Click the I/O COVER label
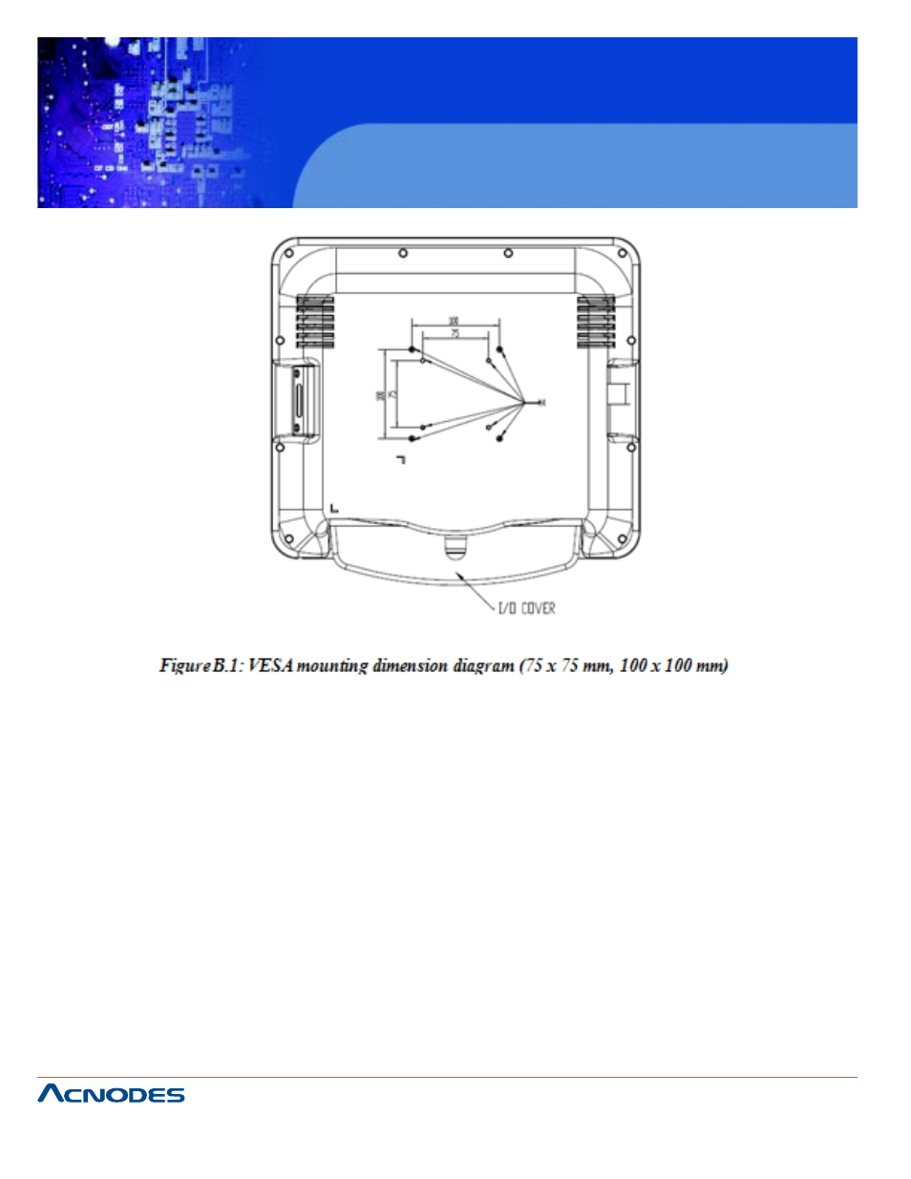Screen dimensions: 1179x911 click(526, 608)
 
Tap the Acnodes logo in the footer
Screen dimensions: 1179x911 click(111, 1094)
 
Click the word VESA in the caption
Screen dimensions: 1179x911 click(269, 665)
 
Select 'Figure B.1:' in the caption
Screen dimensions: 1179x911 click(201, 665)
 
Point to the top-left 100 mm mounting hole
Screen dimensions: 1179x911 click(412, 350)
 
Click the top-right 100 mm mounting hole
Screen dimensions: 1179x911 click(499, 350)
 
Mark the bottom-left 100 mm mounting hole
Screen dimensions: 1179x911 click(412, 438)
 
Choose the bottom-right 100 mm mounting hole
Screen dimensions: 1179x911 click(499, 438)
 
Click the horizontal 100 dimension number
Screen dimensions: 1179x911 click(454, 321)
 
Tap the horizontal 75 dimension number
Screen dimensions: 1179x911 click(455, 333)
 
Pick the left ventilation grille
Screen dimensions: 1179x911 click(315, 321)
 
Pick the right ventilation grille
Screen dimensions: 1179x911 click(596, 321)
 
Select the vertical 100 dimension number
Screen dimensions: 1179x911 click(380, 394)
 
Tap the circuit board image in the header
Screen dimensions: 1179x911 click(153, 122)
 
